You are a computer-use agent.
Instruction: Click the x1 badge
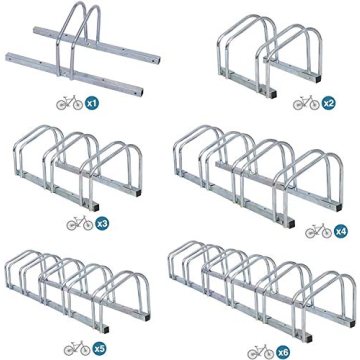[x=92, y=103]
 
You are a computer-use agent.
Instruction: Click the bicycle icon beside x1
[x=69, y=103]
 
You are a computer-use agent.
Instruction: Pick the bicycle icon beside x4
[x=318, y=231]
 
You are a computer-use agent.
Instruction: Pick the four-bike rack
[x=260, y=170]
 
